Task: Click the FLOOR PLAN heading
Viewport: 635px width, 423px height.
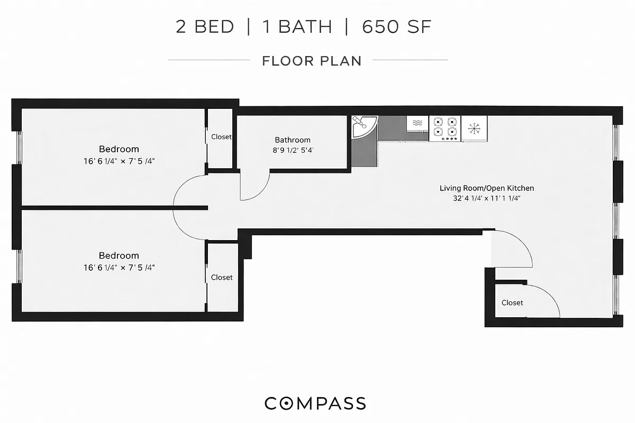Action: point(312,61)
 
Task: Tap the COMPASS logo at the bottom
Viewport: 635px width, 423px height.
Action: point(315,403)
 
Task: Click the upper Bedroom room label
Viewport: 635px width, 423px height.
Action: point(119,149)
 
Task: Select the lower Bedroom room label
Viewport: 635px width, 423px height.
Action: point(119,255)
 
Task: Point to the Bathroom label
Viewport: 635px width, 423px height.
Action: point(293,140)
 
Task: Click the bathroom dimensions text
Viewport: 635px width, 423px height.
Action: point(293,150)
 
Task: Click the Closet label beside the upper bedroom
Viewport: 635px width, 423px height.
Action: point(221,137)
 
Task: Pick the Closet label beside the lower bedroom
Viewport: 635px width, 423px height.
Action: point(222,277)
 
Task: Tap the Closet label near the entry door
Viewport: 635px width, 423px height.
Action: point(512,303)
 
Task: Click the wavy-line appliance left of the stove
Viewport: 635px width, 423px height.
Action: point(418,123)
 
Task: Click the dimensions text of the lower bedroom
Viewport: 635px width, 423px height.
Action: point(119,268)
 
